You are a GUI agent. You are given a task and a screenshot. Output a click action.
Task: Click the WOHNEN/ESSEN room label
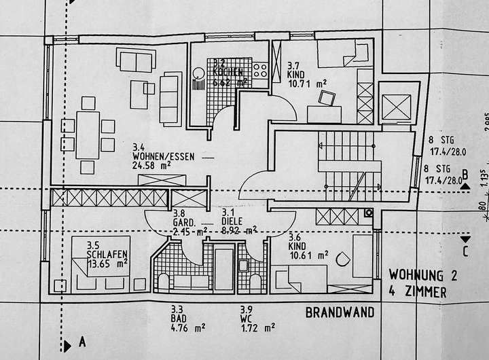point(163,156)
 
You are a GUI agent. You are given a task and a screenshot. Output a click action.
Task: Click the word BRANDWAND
point(340,313)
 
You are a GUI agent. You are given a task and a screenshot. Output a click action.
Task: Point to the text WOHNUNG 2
point(418,276)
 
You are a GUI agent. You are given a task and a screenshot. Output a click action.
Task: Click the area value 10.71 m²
point(307,83)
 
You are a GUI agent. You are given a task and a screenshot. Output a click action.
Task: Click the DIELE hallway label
point(232,220)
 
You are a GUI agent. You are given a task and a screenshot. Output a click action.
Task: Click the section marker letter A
point(81,342)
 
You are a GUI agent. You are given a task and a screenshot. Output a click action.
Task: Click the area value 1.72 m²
point(256,327)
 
